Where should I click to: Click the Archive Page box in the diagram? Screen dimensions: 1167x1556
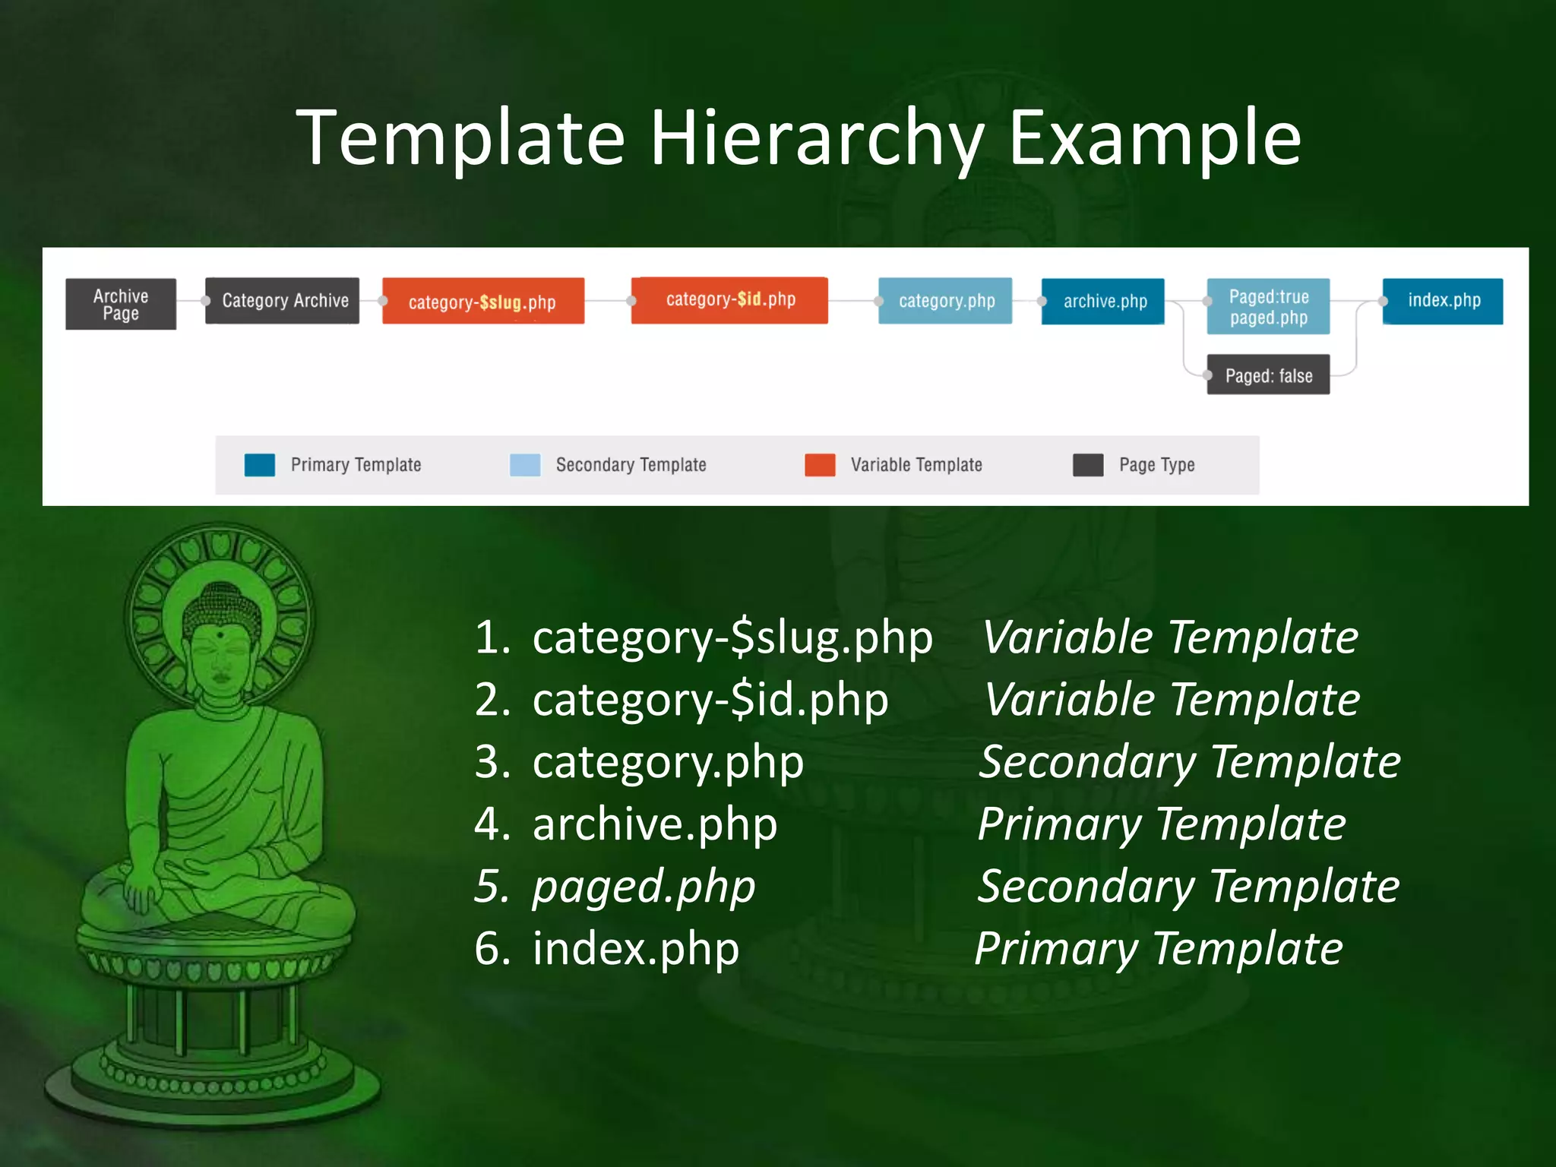[x=121, y=304]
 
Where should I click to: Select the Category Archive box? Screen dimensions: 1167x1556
[x=283, y=301]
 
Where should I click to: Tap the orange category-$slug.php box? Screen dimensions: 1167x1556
[x=483, y=302]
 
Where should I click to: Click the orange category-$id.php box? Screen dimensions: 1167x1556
[x=729, y=300]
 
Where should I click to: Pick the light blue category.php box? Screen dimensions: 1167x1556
[x=945, y=301]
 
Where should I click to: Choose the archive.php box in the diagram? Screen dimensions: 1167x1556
[x=1103, y=302]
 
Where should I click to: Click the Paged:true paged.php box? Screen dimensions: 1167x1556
[x=1268, y=307]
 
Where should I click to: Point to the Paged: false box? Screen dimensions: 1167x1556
[x=1268, y=375]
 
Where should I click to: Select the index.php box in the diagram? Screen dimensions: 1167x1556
[x=1443, y=301]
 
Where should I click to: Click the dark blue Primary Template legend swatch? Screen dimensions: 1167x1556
[x=260, y=465]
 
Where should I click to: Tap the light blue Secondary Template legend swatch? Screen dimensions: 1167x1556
[x=525, y=465]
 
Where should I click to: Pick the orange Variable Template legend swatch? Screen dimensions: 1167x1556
[x=820, y=465]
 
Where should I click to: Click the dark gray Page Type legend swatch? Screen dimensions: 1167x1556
[x=1088, y=465]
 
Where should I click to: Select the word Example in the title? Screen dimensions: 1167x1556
[x=1155, y=138]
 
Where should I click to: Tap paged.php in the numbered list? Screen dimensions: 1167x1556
[x=644, y=887]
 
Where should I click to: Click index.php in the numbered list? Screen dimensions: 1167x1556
[x=636, y=949]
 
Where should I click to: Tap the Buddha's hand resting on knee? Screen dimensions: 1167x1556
[x=141, y=889]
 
